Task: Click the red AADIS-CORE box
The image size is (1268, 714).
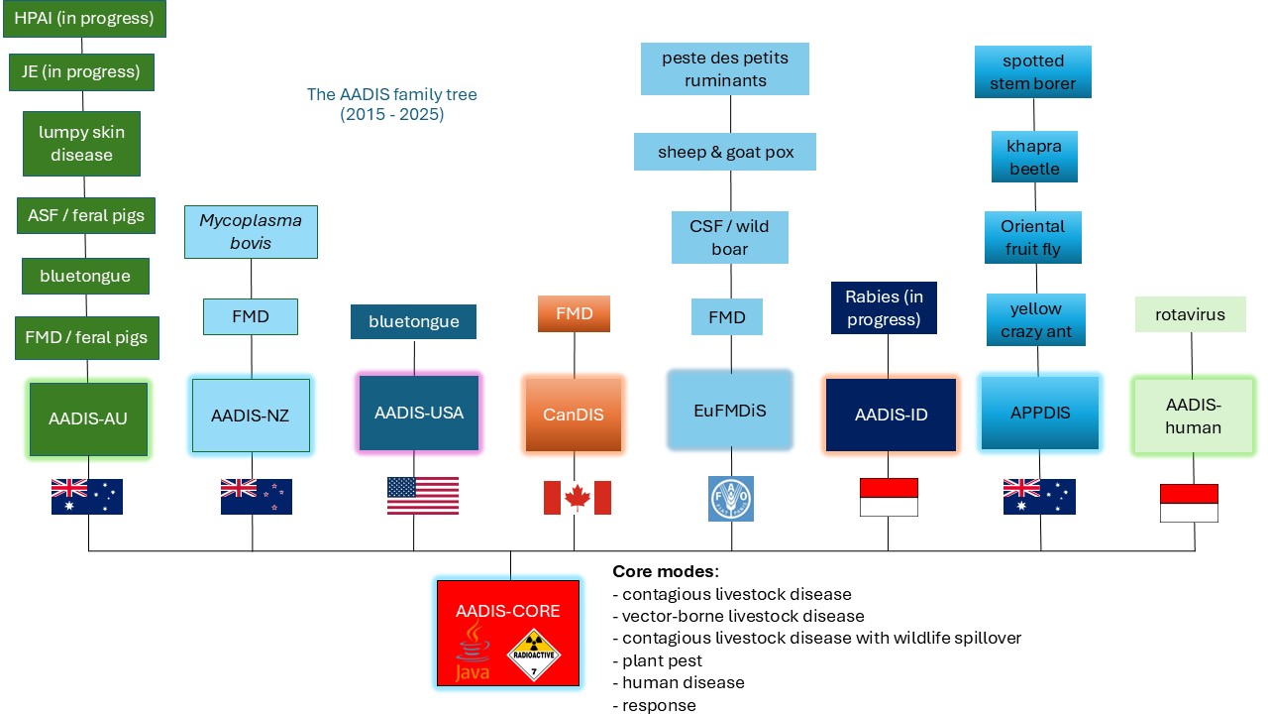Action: click(x=508, y=633)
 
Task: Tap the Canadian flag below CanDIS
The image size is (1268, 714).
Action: click(x=577, y=498)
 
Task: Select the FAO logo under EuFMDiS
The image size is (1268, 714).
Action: click(x=731, y=498)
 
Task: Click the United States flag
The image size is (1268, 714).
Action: click(x=423, y=496)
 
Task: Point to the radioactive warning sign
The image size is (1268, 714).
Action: click(x=534, y=654)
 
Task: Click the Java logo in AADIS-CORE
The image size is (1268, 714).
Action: click(x=473, y=652)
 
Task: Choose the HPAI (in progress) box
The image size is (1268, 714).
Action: click(x=84, y=19)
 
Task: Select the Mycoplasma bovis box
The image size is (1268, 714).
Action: click(x=251, y=232)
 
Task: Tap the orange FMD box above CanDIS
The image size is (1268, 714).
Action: click(x=574, y=313)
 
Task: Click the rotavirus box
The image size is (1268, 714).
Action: click(x=1190, y=314)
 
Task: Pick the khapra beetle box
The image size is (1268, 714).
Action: click(x=1034, y=157)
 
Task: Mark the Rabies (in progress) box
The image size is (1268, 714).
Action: click(x=884, y=307)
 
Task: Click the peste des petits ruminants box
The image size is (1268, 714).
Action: click(x=724, y=68)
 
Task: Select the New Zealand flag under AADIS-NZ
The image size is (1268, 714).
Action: click(x=257, y=497)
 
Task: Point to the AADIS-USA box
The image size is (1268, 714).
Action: click(x=419, y=413)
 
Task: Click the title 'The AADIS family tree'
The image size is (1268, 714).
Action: click(x=391, y=94)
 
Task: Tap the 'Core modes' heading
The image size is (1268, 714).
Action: click(x=665, y=571)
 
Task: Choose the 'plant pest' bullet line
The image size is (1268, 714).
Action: click(x=657, y=660)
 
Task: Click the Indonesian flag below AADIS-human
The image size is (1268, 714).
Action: click(x=1189, y=503)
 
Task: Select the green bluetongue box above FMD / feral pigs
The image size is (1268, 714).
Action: click(x=85, y=276)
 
